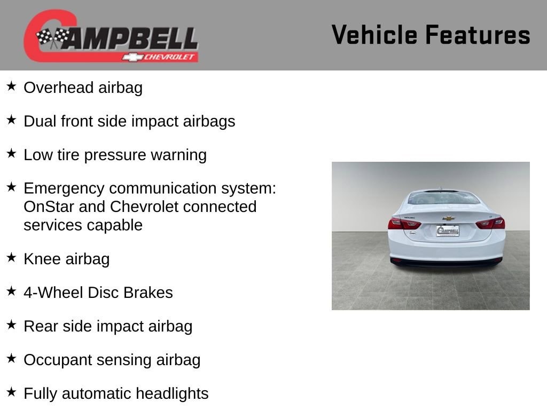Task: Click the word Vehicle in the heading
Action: (374, 35)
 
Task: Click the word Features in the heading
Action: (478, 35)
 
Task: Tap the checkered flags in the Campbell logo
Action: (53, 37)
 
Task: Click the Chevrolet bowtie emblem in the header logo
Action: (132, 57)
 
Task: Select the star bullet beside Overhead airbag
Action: (11, 86)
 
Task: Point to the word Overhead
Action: (59, 88)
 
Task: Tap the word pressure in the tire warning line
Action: (115, 155)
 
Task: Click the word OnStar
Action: (49, 207)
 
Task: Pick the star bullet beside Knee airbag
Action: (11, 257)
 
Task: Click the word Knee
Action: (42, 259)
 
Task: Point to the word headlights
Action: (172, 394)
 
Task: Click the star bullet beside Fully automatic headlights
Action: (11, 392)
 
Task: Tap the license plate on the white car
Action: (448, 231)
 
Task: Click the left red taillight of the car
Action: (404, 223)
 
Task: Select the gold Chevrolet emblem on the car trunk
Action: (449, 218)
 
